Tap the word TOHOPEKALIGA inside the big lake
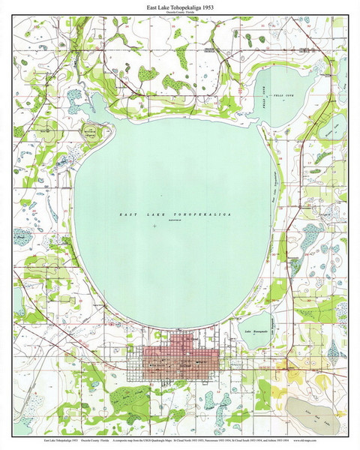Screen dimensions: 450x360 pos(199,214)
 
